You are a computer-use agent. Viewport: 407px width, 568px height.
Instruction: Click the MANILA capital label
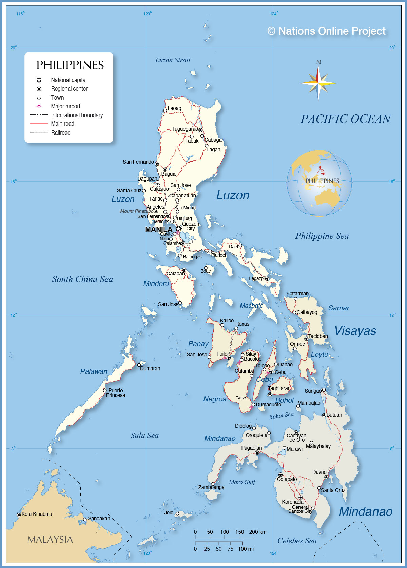[158, 229]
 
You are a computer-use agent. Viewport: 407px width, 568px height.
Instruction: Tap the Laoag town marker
[165, 110]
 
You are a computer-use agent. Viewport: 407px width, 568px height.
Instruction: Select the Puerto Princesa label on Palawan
[115, 393]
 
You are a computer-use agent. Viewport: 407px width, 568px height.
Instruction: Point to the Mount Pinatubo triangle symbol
[156, 211]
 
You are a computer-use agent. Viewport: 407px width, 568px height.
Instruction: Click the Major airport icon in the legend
[39, 106]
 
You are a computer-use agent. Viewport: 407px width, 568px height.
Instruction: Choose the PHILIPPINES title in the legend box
[70, 65]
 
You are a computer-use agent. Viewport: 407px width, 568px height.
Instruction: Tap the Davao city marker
[326, 477]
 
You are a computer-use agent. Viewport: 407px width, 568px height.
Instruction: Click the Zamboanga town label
[211, 487]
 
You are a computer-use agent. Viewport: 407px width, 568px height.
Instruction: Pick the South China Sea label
[82, 279]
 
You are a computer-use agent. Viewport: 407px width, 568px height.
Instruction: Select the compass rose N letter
[318, 62]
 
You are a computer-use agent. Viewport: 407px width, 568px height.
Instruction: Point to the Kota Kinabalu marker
[19, 515]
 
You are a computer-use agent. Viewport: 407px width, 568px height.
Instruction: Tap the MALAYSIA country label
[50, 540]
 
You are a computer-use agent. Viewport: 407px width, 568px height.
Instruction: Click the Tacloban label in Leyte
[318, 336]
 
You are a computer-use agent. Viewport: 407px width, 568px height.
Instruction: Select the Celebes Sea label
[297, 541]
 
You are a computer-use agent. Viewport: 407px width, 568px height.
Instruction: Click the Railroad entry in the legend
[61, 133]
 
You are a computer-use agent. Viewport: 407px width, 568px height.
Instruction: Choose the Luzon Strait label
[173, 60]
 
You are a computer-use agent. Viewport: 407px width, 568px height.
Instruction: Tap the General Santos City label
[300, 509]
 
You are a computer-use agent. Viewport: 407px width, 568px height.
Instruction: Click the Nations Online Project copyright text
[327, 31]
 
